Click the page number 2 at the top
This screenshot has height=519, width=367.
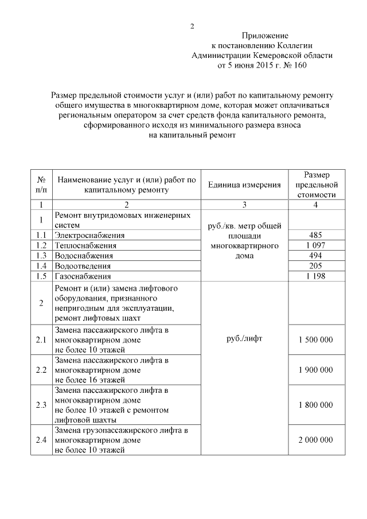pyautogui.click(x=193, y=26)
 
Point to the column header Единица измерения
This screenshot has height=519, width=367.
pyautogui.click(x=244, y=185)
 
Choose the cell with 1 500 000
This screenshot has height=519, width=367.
pyautogui.click(x=315, y=340)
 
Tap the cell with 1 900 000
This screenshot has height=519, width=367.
pyautogui.click(x=315, y=370)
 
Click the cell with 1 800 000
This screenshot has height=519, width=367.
pyautogui.click(x=315, y=405)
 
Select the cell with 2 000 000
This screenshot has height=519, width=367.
pyautogui.click(x=315, y=440)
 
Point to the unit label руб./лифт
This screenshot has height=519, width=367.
pyautogui.click(x=244, y=338)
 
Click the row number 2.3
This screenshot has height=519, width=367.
pyautogui.click(x=41, y=405)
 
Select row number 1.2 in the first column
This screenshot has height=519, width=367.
pyautogui.click(x=41, y=245)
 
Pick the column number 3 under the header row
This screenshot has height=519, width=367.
pyautogui.click(x=244, y=205)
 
